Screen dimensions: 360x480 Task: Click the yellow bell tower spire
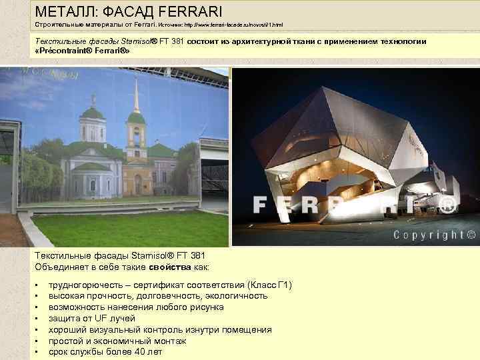[136, 93]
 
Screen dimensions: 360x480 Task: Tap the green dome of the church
[93, 113]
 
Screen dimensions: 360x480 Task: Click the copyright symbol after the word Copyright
[471, 235]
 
